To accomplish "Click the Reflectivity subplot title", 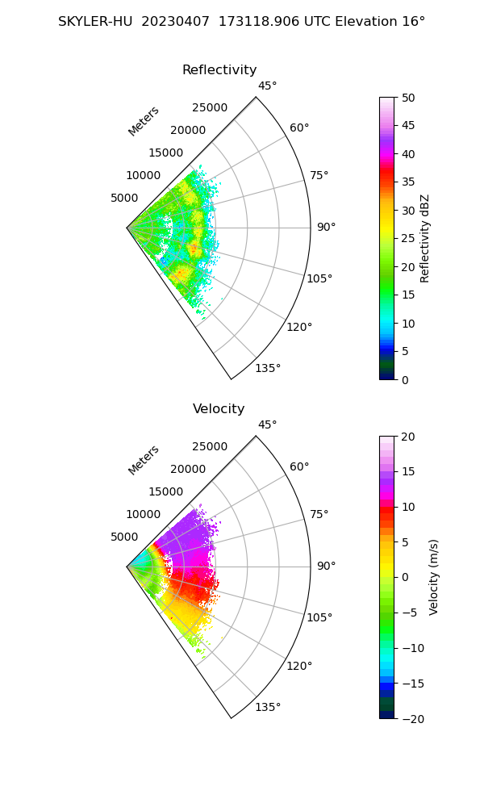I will point(219,70).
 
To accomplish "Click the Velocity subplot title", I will point(219,409).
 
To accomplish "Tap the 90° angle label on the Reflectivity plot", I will point(326,228).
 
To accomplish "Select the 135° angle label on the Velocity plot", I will point(268,707).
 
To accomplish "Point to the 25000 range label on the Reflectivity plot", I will point(210,108).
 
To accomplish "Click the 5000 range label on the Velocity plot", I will point(124,537).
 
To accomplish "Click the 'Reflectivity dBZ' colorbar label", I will point(425,238).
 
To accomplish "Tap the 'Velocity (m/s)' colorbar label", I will point(434,577).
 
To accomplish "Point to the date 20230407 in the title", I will point(172,22).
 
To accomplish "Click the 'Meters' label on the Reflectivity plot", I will point(144,121).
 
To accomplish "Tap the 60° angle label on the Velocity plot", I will point(299,467).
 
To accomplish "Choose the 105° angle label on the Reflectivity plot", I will point(319,278).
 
